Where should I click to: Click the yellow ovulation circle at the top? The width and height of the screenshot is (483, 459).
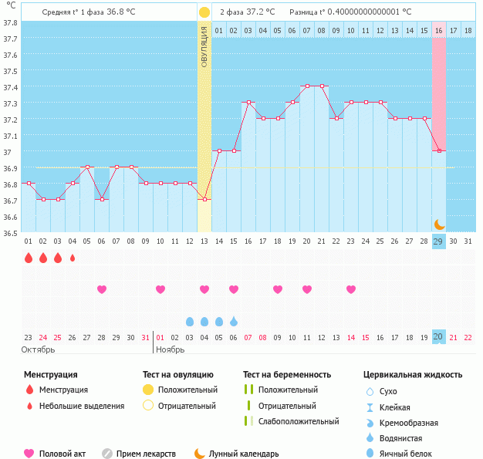(204, 12)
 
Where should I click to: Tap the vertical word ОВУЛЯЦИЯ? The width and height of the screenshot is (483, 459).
(204, 46)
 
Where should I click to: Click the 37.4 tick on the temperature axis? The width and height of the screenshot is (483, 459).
(11, 87)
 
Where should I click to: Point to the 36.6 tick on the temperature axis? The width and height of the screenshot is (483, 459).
(11, 217)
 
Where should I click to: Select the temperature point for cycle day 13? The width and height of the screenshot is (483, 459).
(204, 200)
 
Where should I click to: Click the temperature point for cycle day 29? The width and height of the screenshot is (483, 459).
(438, 151)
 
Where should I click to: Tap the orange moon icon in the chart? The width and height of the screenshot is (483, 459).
(438, 224)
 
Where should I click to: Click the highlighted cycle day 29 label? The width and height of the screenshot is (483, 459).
(438, 241)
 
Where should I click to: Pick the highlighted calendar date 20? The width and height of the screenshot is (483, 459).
(438, 336)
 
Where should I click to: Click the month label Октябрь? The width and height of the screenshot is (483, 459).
(39, 349)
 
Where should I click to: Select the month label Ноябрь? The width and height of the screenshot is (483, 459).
(171, 349)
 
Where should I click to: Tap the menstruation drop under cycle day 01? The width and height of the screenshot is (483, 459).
(29, 258)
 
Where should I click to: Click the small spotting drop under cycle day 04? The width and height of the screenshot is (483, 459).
(73, 258)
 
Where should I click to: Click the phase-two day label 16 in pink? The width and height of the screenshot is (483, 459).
(438, 31)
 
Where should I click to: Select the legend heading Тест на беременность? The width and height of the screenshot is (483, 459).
(286, 375)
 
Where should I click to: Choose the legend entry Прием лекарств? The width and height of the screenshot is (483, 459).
(146, 454)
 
